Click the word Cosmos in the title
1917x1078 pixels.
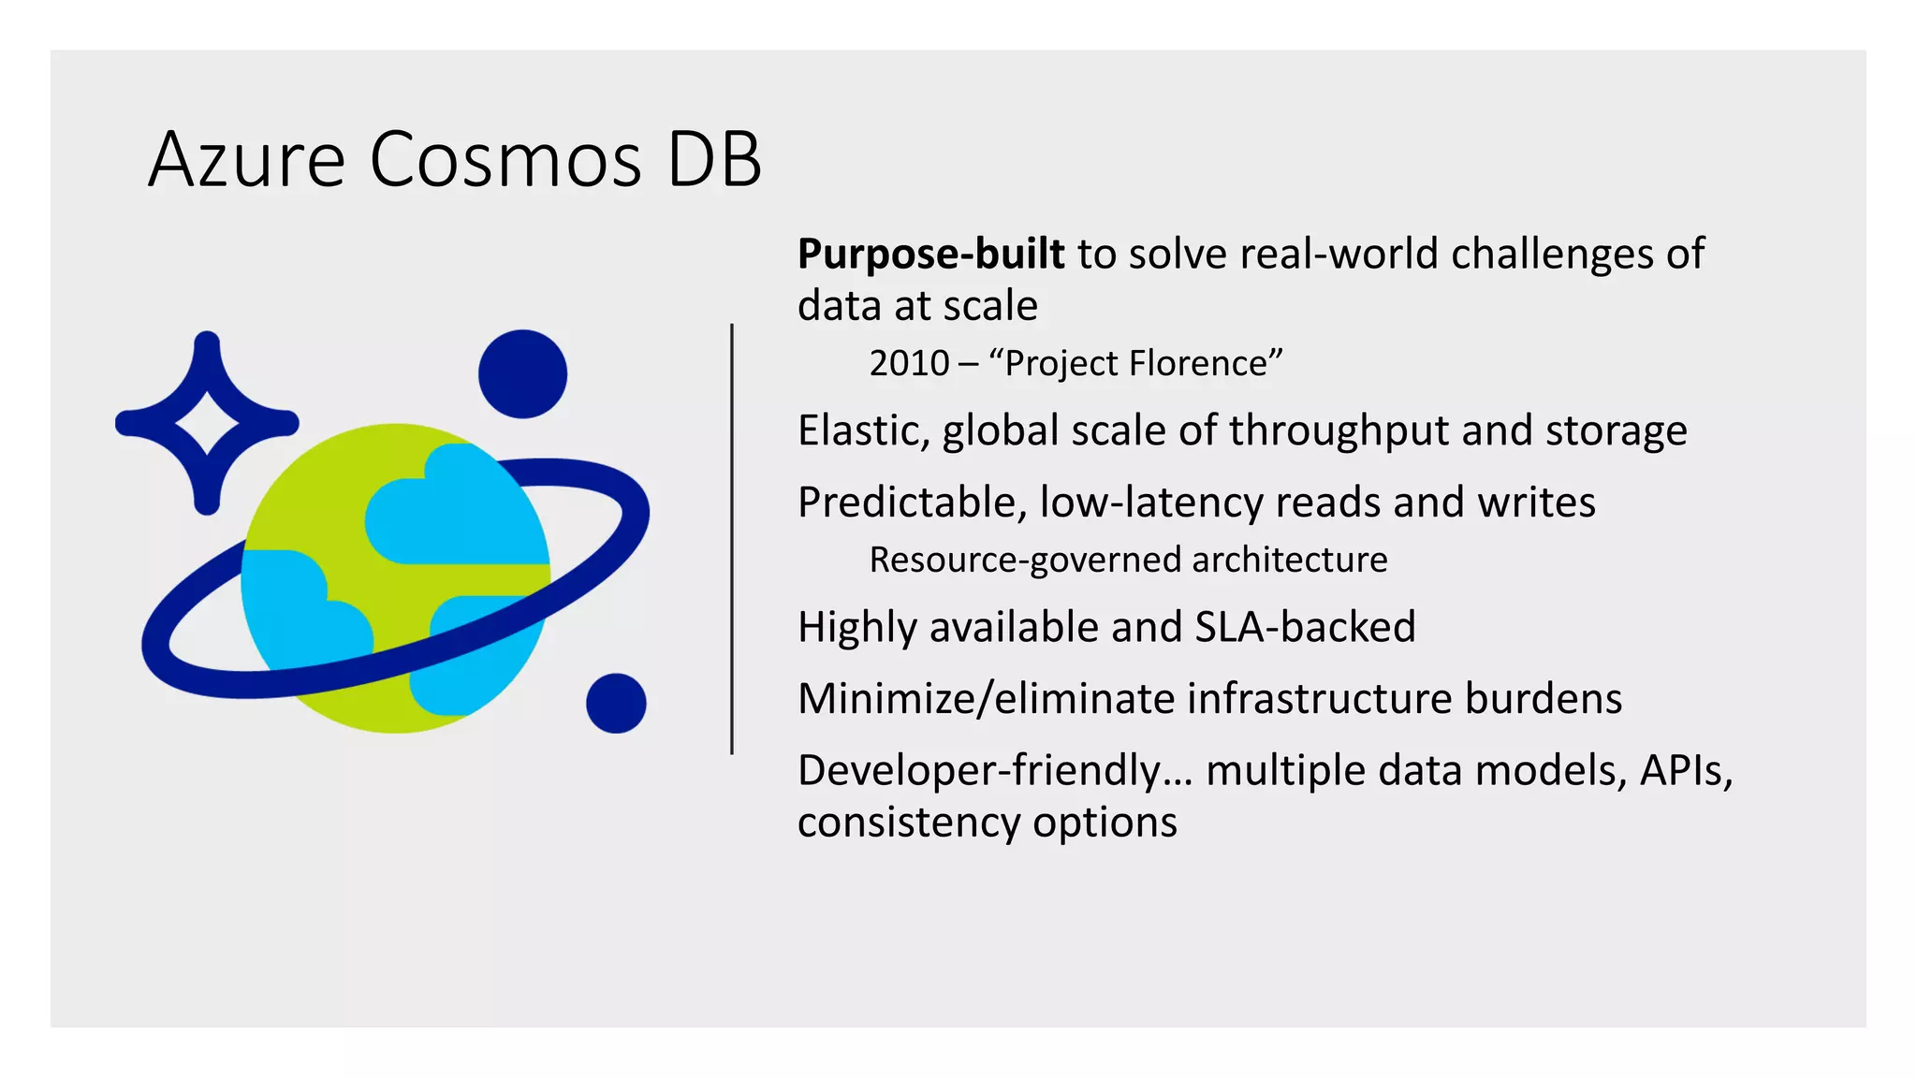click(505, 160)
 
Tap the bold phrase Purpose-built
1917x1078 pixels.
click(930, 255)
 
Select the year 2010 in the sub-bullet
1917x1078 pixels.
click(909, 363)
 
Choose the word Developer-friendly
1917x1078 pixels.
click(979, 771)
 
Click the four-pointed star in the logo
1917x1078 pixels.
click(207, 423)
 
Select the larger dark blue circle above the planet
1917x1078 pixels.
click(522, 374)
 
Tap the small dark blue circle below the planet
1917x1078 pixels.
click(616, 703)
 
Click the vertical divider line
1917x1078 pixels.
click(732, 539)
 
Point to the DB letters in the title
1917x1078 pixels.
click(714, 160)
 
